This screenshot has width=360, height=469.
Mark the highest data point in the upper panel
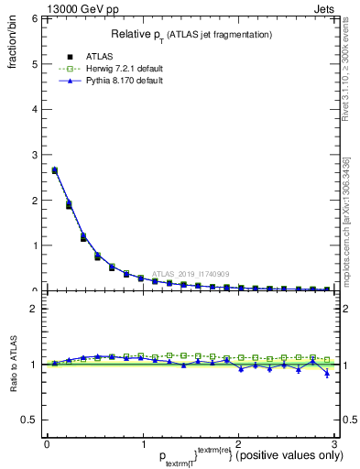point(55,170)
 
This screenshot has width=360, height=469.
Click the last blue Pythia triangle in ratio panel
point(327,373)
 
